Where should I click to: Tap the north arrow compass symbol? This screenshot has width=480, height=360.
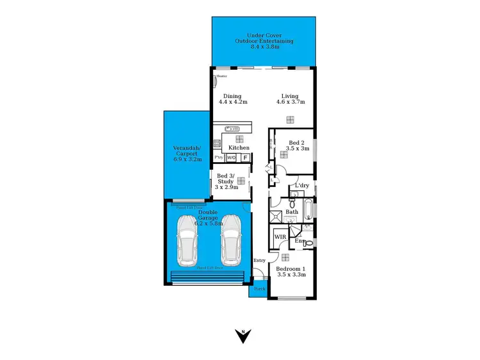243,335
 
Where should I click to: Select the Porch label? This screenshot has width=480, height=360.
258,289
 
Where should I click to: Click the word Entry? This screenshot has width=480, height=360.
259,260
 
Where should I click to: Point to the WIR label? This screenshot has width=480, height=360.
280,236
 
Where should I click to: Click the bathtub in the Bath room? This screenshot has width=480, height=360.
308,209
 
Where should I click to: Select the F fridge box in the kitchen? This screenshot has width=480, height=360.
245,157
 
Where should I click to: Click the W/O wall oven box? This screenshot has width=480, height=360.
231,157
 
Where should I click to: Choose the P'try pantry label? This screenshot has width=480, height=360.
219,157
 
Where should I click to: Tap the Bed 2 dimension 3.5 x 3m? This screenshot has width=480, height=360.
298,148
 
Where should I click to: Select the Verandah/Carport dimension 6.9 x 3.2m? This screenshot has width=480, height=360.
187,159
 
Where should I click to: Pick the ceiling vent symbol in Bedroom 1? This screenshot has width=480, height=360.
284,258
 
